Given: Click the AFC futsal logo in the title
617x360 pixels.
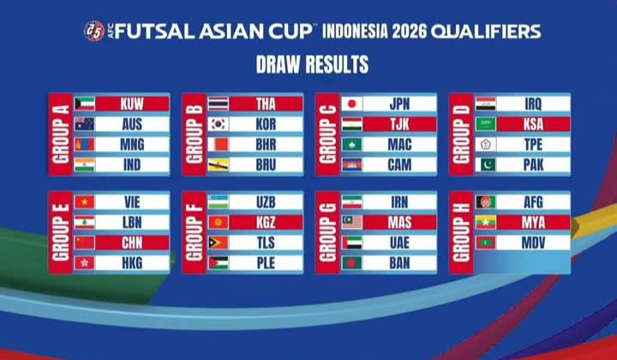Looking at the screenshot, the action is pyautogui.click(x=94, y=31).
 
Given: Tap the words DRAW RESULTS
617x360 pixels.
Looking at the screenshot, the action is pyautogui.click(x=312, y=64).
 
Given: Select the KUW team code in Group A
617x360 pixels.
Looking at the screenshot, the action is pyautogui.click(x=132, y=104).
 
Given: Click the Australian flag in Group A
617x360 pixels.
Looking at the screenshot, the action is pyautogui.click(x=85, y=124).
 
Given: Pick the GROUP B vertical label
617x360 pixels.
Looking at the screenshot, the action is pyautogui.click(x=194, y=134).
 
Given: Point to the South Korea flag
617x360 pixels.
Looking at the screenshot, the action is pyautogui.click(x=218, y=124).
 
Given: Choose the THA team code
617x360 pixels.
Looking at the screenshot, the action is pyautogui.click(x=266, y=104).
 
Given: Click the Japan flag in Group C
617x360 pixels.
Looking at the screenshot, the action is pyautogui.click(x=352, y=104).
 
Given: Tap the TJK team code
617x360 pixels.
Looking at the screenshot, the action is pyautogui.click(x=399, y=124).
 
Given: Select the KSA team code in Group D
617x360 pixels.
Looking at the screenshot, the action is pyautogui.click(x=533, y=124).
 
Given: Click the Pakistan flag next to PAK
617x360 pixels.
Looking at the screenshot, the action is pyautogui.click(x=486, y=165).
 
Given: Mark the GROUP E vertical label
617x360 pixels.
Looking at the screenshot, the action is pyautogui.click(x=60, y=232).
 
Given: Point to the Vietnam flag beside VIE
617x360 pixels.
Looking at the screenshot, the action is pyautogui.click(x=85, y=201).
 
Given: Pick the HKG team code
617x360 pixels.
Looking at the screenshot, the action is pyautogui.click(x=132, y=262).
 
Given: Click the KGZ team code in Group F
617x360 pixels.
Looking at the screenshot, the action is pyautogui.click(x=266, y=222).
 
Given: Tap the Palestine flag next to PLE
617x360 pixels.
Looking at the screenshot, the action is pyautogui.click(x=218, y=262).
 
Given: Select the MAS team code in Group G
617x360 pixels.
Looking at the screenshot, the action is pyautogui.click(x=399, y=222).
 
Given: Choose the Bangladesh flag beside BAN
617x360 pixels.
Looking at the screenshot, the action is pyautogui.click(x=352, y=262).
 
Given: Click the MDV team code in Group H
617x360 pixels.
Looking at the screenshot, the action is pyautogui.click(x=533, y=243).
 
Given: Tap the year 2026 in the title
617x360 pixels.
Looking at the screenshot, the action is pyautogui.click(x=409, y=32).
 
